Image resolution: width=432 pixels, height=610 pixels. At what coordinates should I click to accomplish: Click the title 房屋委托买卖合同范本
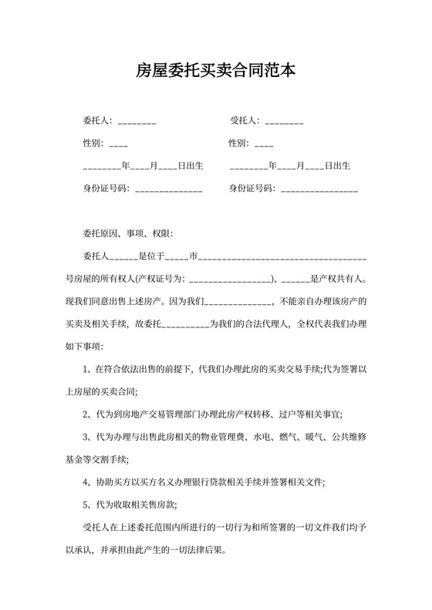click(215, 72)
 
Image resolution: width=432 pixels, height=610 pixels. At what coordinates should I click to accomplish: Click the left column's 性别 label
click(93, 143)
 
